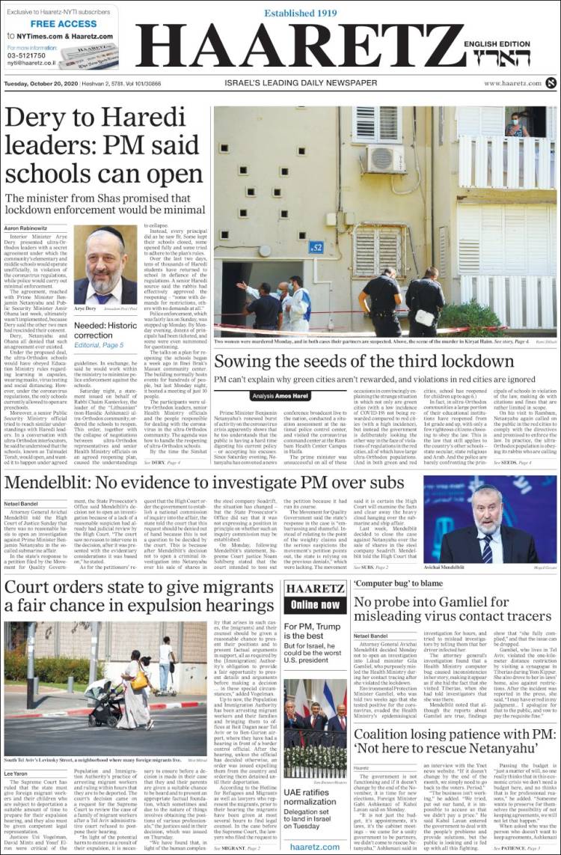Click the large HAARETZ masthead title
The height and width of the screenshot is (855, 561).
[299, 47]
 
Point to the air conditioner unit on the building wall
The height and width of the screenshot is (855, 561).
[387, 158]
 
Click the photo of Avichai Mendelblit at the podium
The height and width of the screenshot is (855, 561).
[489, 519]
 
